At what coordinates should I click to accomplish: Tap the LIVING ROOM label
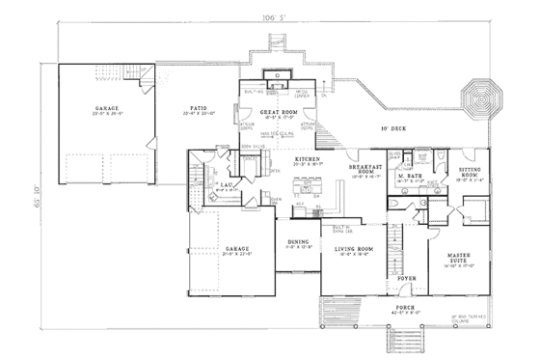point(352,250)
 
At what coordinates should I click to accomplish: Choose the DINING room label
point(297,243)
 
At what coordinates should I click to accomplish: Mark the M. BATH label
point(407,176)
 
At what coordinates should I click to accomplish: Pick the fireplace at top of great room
point(282,75)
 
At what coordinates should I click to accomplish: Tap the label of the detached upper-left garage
point(106,108)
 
